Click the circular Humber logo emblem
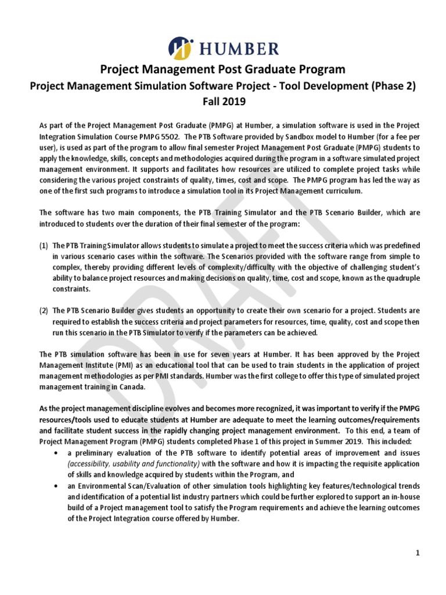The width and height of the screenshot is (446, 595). point(181,47)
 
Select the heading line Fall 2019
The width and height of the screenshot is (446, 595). point(223,101)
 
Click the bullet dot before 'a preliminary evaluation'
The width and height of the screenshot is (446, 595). point(55,453)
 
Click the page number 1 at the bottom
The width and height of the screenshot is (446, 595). point(417,553)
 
